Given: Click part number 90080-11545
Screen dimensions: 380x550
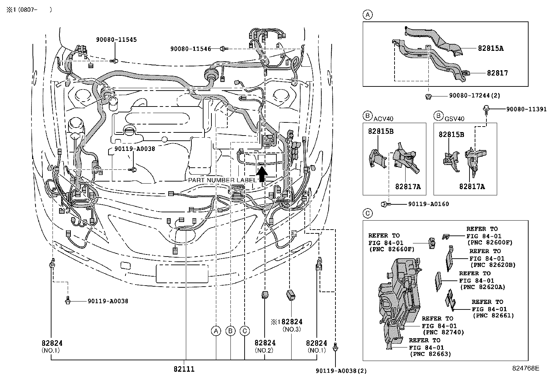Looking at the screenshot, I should [116, 40].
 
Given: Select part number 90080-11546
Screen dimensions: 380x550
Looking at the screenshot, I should [190, 49].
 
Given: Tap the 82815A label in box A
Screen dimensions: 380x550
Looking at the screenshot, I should [491, 48].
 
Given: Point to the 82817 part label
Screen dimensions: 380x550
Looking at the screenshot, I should [497, 73].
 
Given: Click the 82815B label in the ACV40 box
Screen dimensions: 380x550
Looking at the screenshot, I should [381, 131].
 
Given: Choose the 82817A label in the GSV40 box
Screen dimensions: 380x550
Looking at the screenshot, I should [472, 187].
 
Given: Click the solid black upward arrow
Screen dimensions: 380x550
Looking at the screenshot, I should [262, 174].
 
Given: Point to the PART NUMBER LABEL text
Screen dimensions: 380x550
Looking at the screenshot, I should [222, 180].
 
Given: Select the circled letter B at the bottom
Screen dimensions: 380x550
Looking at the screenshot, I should [230, 331].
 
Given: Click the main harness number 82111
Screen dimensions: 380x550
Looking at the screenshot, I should [184, 369].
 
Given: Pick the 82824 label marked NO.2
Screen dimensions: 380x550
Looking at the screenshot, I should [265, 343].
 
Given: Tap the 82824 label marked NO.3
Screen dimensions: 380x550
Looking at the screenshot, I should [292, 322].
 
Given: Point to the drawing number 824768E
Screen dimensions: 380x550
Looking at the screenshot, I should [525, 369].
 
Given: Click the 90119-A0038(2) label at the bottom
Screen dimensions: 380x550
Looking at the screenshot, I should [341, 371].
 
